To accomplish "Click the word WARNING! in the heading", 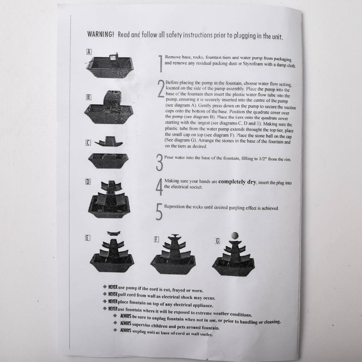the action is coord(101,34).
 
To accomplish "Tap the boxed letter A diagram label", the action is coord(89,52).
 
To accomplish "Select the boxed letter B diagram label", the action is coord(88,97).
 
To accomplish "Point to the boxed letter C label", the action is coord(88,143).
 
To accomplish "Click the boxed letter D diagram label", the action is coord(88,182).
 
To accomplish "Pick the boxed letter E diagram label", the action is coord(88,238).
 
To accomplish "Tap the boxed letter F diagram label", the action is coord(156,239).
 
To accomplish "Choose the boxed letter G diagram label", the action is coord(217,241).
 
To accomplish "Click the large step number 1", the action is coord(161,63).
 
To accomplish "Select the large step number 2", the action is coord(161,88).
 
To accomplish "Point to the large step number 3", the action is coord(159,163).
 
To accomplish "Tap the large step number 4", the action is coord(159,187).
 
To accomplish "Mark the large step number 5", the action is coord(159,211).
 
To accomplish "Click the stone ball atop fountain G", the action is coord(235,236).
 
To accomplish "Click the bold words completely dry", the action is coord(237,182).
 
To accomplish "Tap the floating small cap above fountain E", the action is coord(114,233).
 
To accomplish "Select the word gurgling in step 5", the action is coord(236,207).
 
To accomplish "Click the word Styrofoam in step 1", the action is coord(253,64).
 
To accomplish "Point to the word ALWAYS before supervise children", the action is coord(126,323).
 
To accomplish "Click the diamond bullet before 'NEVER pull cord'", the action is coord(105,294).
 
